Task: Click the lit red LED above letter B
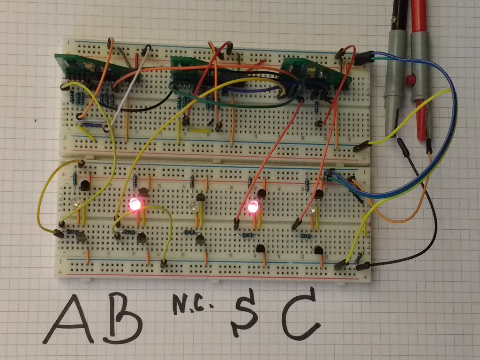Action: pyautogui.click(x=135, y=204)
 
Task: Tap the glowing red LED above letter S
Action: pyautogui.click(x=254, y=206)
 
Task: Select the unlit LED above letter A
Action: pyautogui.click(x=76, y=204)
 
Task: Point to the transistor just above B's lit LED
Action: pyautogui.click(x=143, y=191)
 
